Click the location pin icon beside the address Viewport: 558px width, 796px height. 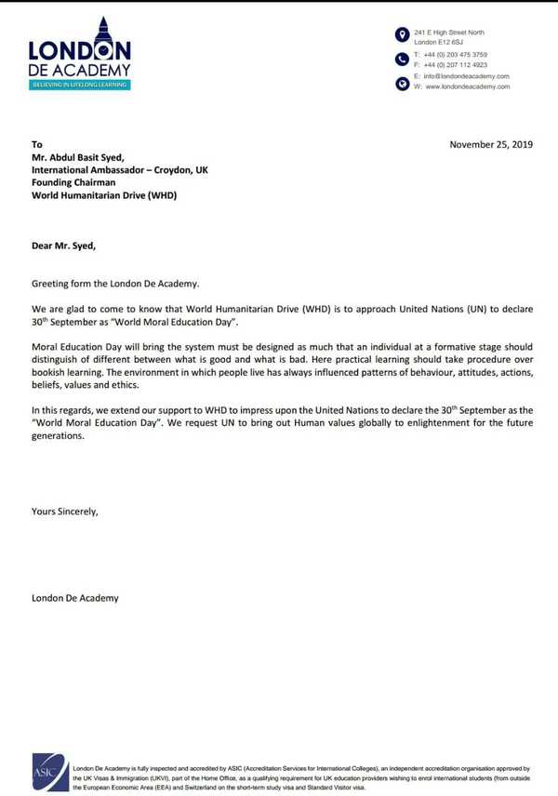402,35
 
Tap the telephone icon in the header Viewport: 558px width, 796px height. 402,60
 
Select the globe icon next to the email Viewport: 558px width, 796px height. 402,82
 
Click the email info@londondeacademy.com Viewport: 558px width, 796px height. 466,75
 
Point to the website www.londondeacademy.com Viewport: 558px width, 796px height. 467,86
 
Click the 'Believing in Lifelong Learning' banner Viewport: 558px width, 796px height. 79,85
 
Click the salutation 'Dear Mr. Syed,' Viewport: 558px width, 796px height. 63,245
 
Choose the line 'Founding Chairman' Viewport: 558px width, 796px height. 73,183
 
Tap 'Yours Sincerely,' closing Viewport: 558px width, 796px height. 64,511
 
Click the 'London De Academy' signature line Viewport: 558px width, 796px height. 75,598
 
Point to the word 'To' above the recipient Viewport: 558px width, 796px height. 37,144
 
